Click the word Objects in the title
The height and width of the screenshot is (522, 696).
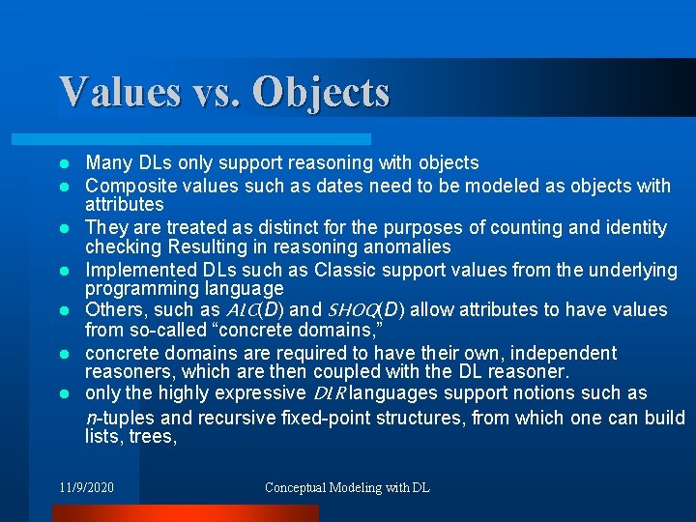[x=321, y=92]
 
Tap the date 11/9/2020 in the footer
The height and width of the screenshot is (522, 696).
[x=86, y=487]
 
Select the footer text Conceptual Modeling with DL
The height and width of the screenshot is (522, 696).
[x=347, y=487]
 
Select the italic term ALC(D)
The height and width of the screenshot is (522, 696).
[x=254, y=309]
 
